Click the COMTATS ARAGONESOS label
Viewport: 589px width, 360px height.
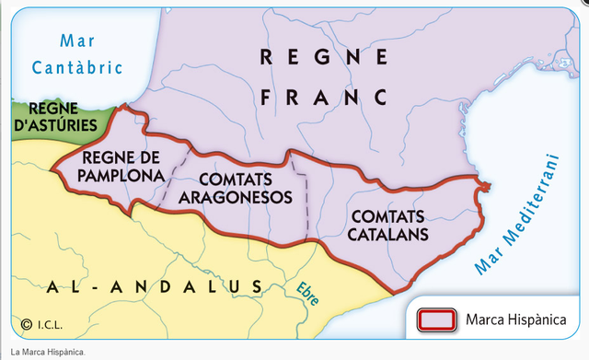[x=233, y=188]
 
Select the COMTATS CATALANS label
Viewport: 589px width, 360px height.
[x=387, y=224]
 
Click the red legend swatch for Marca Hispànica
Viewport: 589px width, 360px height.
[x=437, y=319]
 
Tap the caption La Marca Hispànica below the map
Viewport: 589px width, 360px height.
[x=47, y=353]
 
